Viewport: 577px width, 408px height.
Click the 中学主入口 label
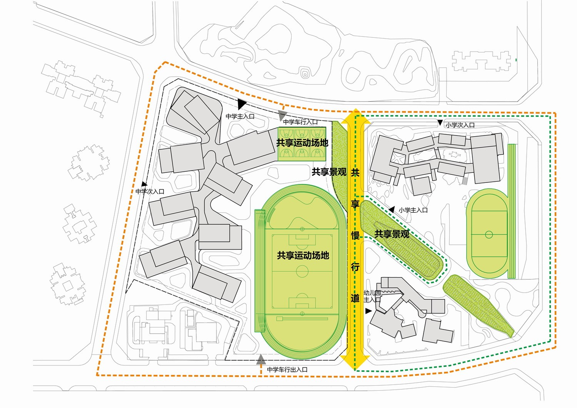[240, 116]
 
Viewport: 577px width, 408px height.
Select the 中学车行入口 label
[300, 122]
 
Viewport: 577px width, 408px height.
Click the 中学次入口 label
[150, 191]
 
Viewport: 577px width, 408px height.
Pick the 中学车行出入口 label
[287, 370]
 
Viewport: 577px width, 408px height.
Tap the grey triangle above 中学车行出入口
[261, 360]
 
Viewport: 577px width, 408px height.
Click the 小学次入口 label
[460, 125]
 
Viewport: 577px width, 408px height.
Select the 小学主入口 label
[413, 210]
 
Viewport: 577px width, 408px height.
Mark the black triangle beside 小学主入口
[392, 209]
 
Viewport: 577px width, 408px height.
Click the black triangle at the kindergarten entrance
[369, 310]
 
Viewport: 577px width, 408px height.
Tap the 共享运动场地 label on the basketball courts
[302, 143]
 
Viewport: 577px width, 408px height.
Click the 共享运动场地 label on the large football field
[303, 255]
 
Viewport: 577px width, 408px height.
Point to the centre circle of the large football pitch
[302, 272]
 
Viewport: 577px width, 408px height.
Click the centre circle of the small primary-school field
[489, 234]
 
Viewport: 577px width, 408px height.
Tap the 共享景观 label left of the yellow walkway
[329, 172]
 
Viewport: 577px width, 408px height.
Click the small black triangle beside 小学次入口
[440, 123]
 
